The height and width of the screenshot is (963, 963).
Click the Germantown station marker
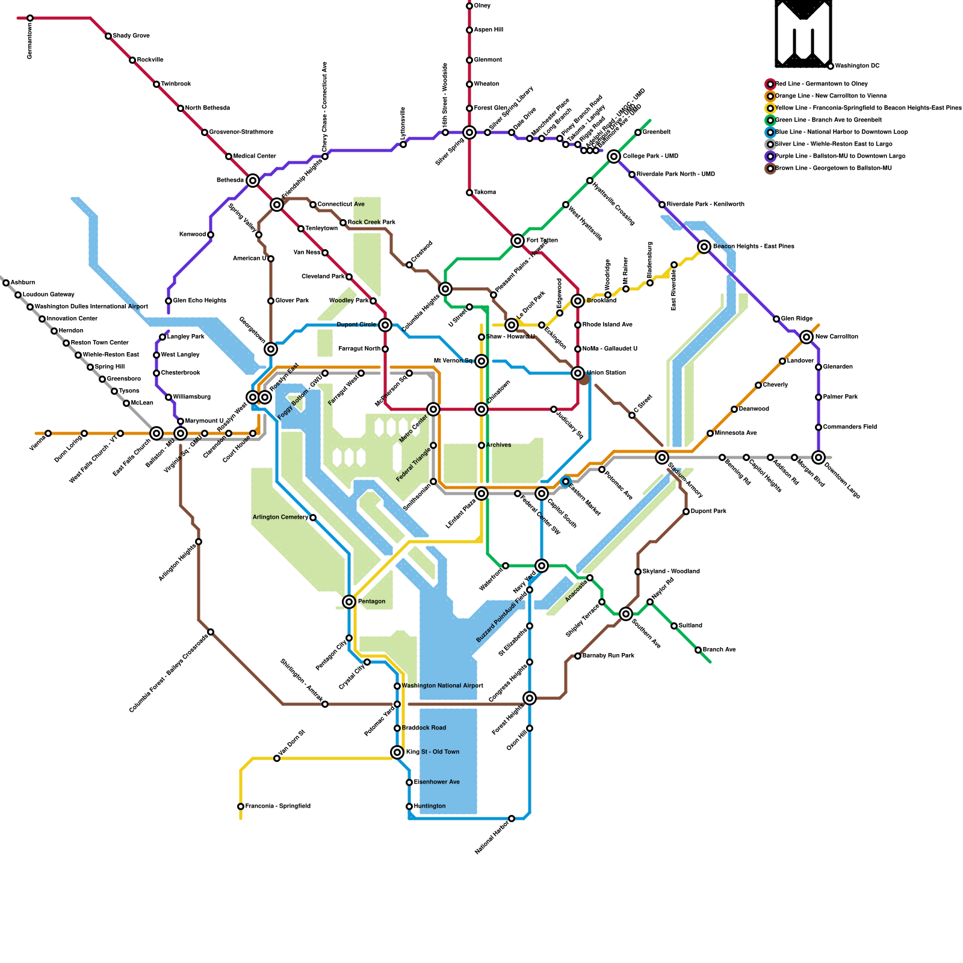tap(30, 19)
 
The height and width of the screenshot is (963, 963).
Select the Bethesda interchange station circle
tap(253, 181)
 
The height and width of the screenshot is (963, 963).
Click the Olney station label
tap(482, 6)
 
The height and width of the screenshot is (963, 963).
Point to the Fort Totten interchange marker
tap(518, 241)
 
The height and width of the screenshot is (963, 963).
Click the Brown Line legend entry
tap(833, 169)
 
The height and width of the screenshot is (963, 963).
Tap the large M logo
tap(803, 33)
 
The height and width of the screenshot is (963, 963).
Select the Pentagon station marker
tap(349, 602)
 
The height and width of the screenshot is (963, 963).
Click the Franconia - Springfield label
tap(277, 807)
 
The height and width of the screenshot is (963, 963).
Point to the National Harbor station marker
tap(512, 819)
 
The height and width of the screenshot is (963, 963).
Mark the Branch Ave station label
tap(719, 650)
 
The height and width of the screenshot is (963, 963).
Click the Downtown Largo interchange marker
tap(819, 457)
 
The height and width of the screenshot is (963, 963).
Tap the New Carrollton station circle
tap(807, 337)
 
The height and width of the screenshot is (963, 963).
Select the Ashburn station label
tap(23, 283)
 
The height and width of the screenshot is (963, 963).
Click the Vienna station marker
tap(48, 433)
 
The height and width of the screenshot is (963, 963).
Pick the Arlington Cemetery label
tap(280, 518)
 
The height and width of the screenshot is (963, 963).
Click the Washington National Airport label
tap(442, 686)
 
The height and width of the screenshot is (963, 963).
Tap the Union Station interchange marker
tap(578, 373)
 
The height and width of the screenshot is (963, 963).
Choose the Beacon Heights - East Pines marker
tap(704, 247)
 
